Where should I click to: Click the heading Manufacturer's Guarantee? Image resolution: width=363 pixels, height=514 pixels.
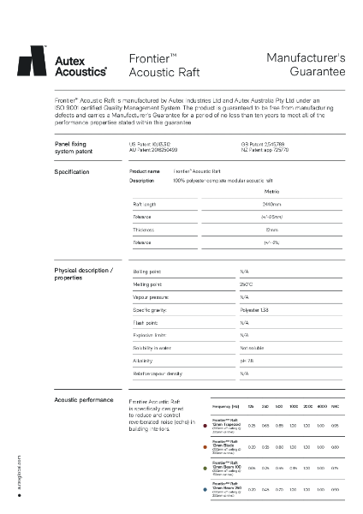click(306, 65)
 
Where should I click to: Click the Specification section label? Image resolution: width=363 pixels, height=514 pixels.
click(71, 172)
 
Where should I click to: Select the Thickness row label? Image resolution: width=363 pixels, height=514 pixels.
click(142, 230)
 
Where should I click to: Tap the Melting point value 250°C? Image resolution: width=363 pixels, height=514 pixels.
click(247, 284)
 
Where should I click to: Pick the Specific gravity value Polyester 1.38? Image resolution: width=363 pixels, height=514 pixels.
click(255, 309)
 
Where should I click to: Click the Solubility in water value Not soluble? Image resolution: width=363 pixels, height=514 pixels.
click(253, 348)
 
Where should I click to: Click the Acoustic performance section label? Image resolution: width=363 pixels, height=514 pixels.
click(83, 400)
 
